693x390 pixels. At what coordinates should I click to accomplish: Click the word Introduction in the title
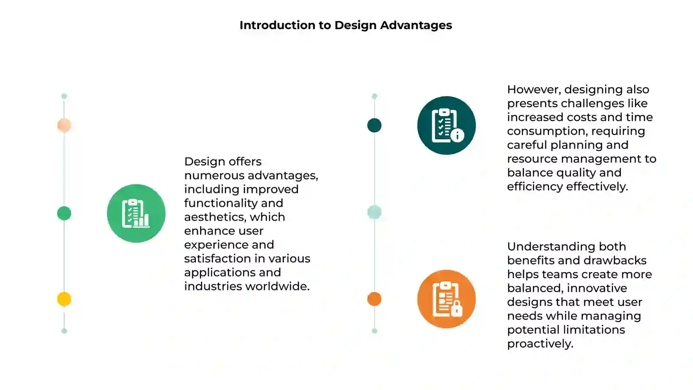277,25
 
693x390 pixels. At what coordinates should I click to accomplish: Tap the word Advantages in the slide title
416,26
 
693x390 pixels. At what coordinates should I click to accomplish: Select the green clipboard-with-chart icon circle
136,213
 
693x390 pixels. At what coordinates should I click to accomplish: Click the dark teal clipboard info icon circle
447,125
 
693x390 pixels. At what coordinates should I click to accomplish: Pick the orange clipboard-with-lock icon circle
447,299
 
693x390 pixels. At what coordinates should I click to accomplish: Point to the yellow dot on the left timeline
64,299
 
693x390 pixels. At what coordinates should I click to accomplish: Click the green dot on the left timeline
64,213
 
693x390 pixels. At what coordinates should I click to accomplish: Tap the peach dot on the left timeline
64,125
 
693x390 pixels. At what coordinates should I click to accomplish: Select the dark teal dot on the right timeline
374,125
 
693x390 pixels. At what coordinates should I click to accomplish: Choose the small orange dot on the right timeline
374,299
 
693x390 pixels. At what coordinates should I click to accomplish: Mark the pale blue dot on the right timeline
374,212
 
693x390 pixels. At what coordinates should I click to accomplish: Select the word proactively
540,344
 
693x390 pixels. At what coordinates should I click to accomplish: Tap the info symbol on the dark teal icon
457,135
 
